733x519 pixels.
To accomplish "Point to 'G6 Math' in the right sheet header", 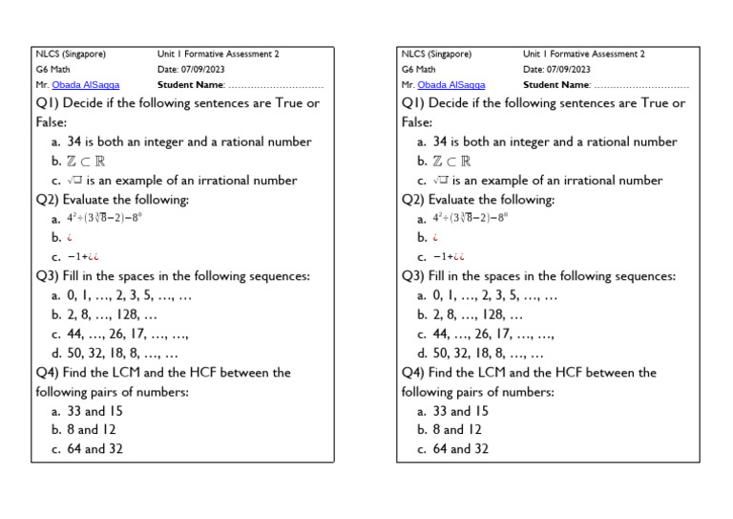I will point(419,70).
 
